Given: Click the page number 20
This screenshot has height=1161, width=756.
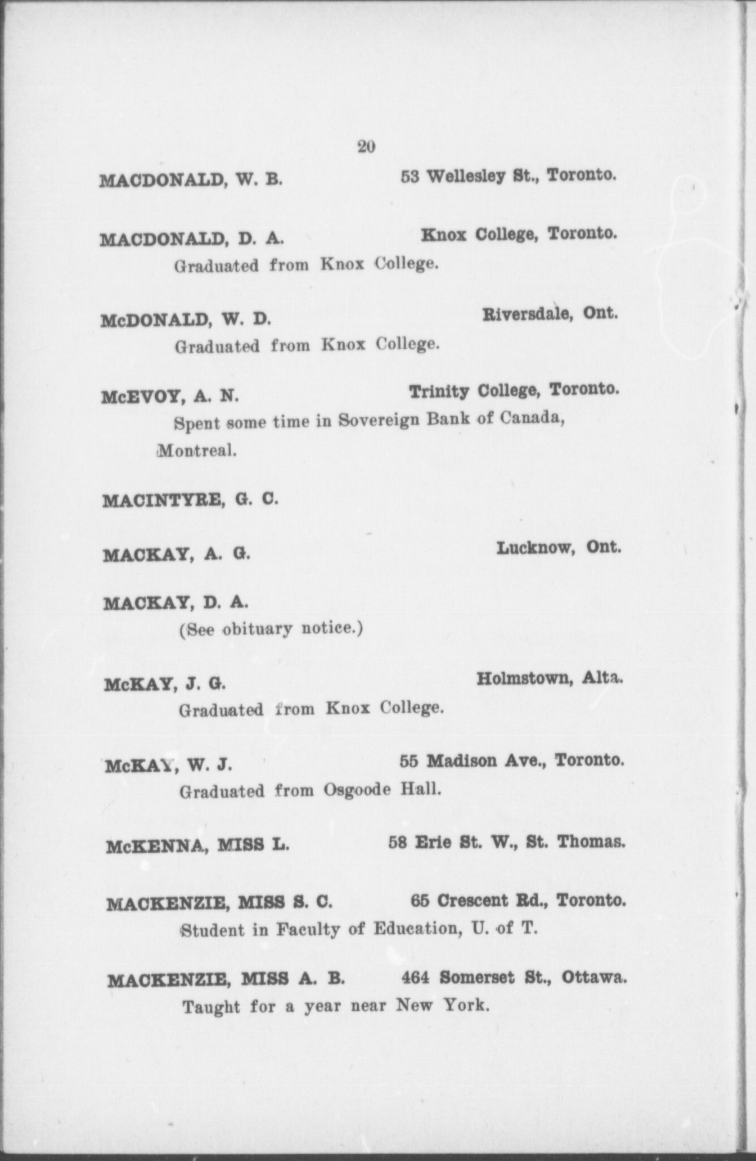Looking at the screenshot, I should [366, 147].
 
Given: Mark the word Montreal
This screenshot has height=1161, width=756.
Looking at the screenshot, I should [196, 451].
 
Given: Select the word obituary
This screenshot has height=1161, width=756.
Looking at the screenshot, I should [258, 628].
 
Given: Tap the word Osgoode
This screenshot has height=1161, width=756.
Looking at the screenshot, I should [357, 790].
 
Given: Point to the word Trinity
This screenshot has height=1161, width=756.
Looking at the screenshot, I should [439, 391].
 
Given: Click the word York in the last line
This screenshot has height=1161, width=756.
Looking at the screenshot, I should [465, 1005].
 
